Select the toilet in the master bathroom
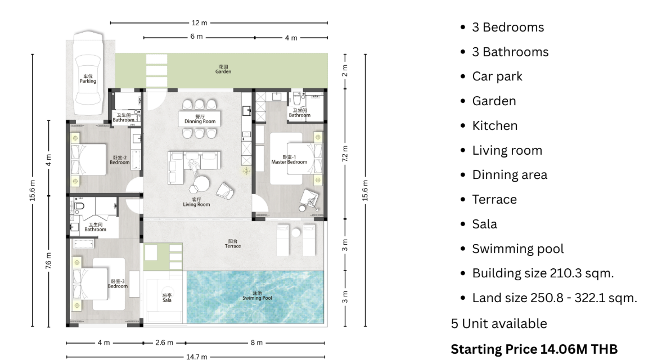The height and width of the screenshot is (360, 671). click(297, 98)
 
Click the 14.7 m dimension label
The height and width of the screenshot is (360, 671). click(196, 357)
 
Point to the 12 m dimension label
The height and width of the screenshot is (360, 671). click(200, 22)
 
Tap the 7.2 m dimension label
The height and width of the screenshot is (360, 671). click(345, 154)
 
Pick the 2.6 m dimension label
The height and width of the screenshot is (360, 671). click(164, 343)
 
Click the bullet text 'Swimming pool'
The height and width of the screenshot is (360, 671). click(518, 249)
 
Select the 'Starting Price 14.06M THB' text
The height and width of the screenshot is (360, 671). click(534, 349)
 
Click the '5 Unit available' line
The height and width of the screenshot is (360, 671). click(499, 323)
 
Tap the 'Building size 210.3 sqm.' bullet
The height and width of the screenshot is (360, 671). click(543, 273)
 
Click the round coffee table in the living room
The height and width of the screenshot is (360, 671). click(201, 183)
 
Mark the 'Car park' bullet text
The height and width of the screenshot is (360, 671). click(497, 76)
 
